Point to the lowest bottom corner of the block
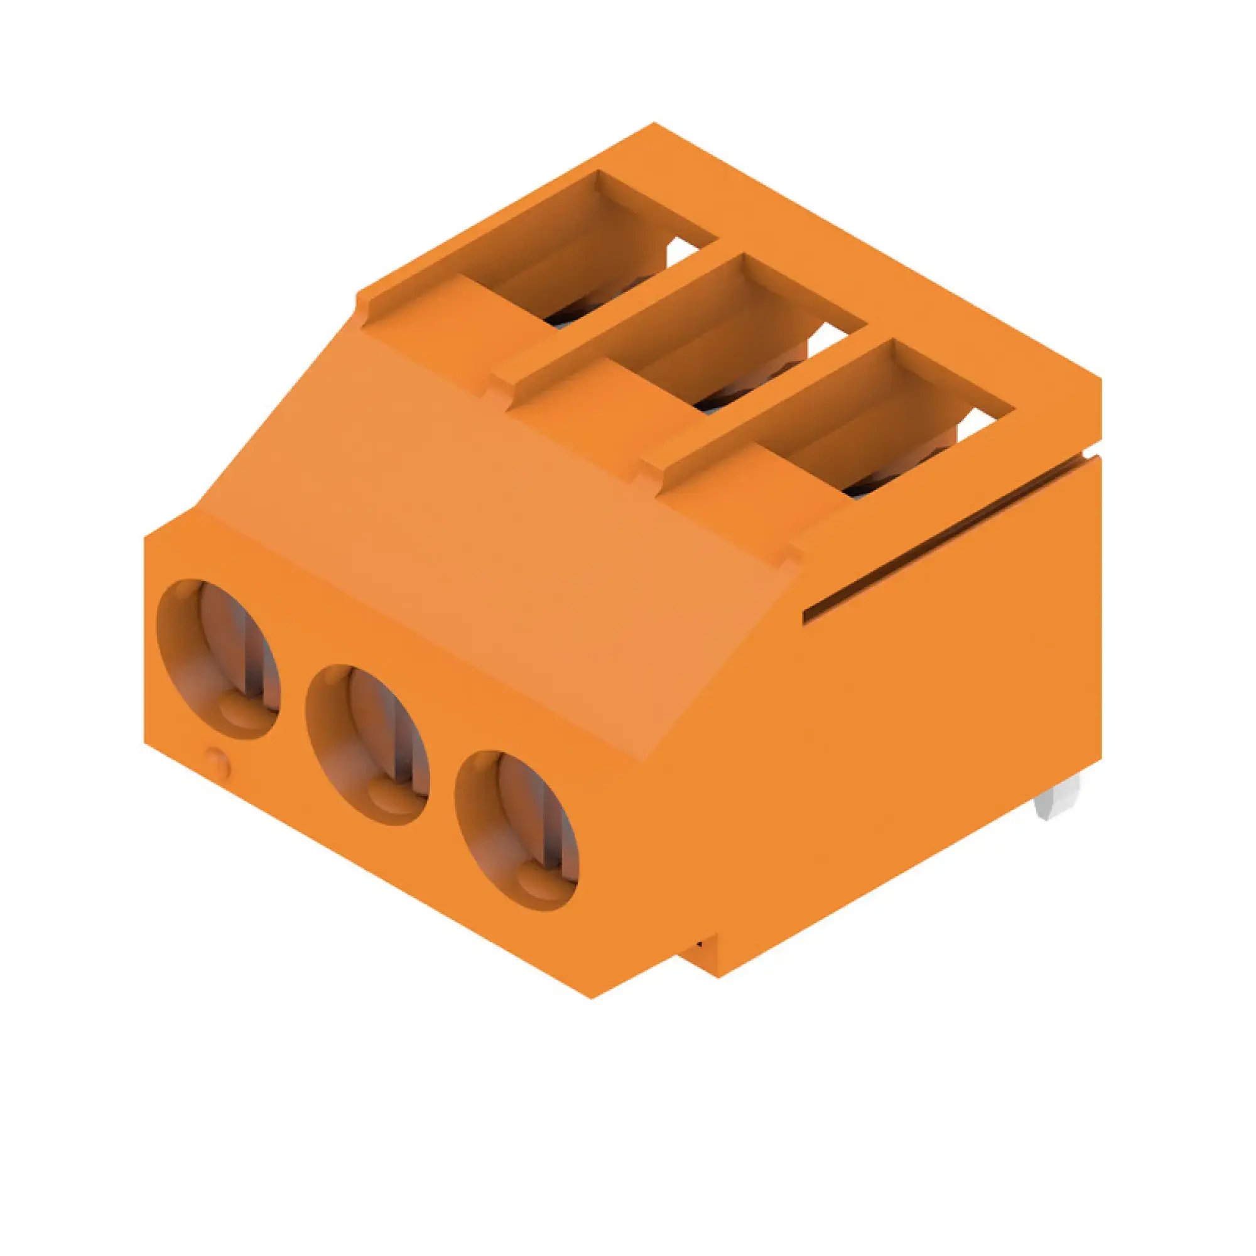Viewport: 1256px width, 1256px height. click(x=591, y=997)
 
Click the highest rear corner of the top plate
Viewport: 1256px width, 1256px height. click(x=654, y=123)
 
